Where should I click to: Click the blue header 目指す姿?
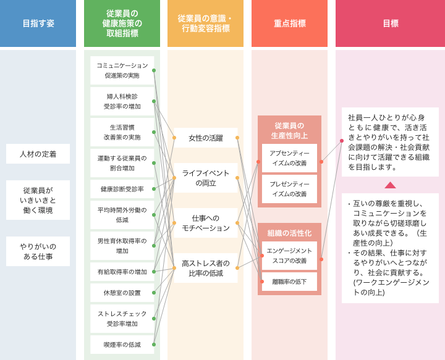[x=38, y=23]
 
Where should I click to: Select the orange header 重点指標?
[x=289, y=23]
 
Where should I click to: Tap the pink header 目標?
[x=390, y=23]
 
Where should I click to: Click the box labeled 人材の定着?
[x=38, y=154]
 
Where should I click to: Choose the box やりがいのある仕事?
[x=38, y=251]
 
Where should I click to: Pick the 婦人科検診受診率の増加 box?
[x=122, y=101]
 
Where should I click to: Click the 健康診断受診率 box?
[x=122, y=189]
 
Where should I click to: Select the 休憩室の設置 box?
[x=122, y=293]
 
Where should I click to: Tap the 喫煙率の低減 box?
[x=122, y=345]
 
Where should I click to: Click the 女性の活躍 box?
[x=206, y=138]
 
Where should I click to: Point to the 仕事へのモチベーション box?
[x=206, y=223]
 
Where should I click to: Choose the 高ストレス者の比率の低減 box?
[x=206, y=268]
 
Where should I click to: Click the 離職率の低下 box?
[x=289, y=282]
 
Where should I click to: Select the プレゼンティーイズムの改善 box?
[x=289, y=189]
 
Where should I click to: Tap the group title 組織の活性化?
[x=289, y=233]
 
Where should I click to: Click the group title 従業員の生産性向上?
[x=289, y=130]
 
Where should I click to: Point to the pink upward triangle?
[x=390, y=185]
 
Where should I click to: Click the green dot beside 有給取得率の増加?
[x=154, y=272]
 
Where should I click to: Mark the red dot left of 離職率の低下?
[x=262, y=282]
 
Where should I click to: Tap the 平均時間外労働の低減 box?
[x=122, y=215]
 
